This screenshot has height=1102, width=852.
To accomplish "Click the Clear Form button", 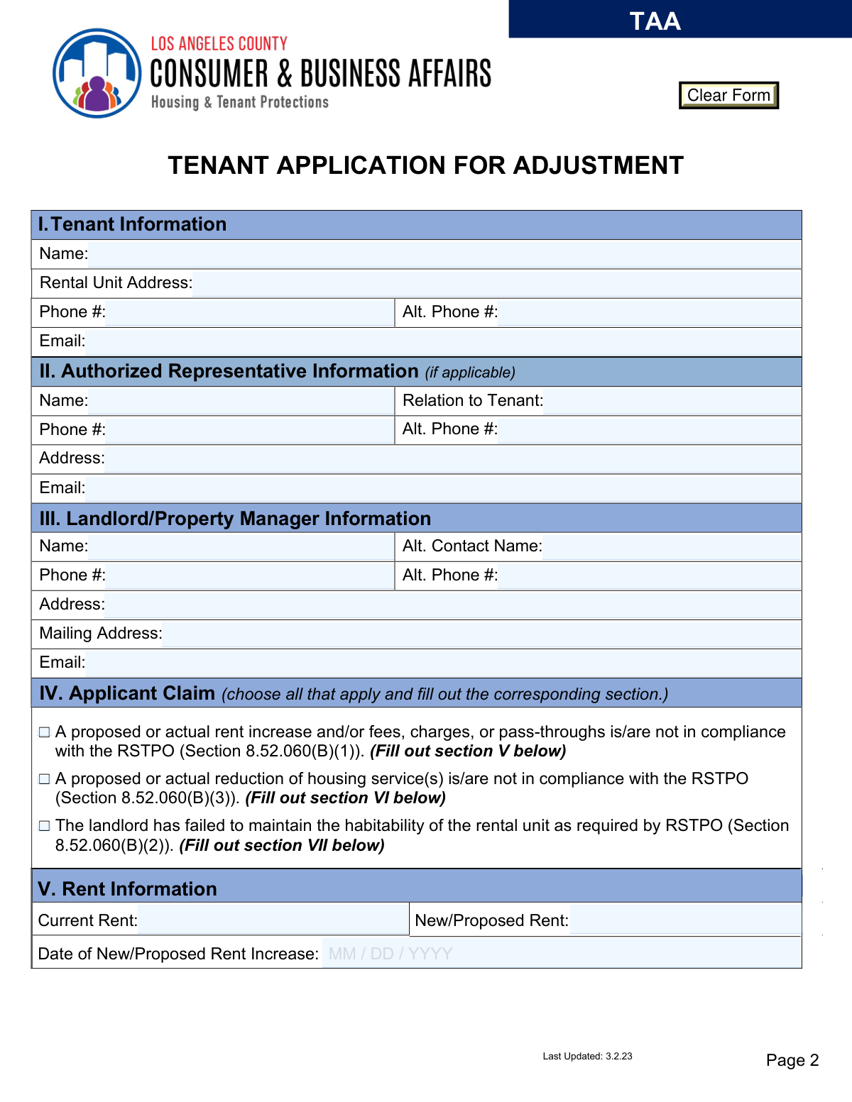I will [728, 95].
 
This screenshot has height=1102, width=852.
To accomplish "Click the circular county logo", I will [97, 73].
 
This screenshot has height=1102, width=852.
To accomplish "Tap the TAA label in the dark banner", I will [655, 21].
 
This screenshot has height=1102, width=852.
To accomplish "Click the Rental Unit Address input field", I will [496, 283].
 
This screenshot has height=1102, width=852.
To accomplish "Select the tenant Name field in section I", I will [444, 254].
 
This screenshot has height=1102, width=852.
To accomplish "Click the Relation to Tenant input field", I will [671, 401].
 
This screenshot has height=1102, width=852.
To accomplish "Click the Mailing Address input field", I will [481, 634].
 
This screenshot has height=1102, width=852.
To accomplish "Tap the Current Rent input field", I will [273, 920].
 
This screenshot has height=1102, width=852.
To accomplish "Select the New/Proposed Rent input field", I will [684, 920].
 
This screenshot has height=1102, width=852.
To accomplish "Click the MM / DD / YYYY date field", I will [561, 954].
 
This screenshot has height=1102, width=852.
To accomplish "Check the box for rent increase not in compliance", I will [45, 732].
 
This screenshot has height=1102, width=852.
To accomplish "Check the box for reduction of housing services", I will [45, 779].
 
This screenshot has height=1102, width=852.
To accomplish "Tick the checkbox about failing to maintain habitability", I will [45, 826].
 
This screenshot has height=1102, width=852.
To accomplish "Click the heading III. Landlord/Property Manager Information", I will [235, 519].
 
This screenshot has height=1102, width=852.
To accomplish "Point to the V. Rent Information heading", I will [128, 889].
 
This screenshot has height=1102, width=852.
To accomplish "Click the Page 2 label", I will [792, 1060].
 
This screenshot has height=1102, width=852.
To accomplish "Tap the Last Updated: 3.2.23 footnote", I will [587, 1057].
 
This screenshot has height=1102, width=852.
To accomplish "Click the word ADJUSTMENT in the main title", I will [598, 165].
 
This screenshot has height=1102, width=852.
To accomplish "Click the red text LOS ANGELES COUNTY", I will [219, 44].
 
